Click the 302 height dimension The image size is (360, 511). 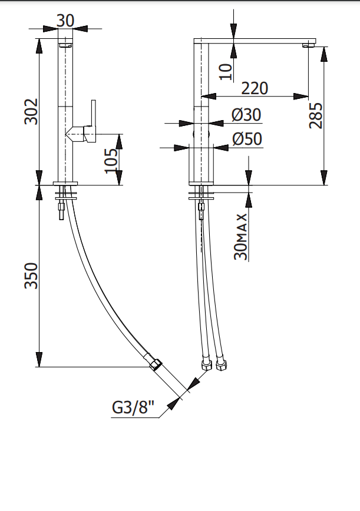click(31, 111)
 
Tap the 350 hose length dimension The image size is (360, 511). click(31, 276)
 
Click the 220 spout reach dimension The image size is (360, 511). click(255, 88)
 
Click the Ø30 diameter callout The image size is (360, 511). click(246, 115)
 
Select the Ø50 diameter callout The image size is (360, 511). click(247, 139)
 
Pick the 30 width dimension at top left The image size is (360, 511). click(65, 21)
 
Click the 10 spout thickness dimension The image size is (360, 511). click(225, 71)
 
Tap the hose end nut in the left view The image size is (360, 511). click(156, 363)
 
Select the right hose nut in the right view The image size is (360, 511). click(222, 366)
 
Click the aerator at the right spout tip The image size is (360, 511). click(309, 45)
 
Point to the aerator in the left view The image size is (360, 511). click(65, 44)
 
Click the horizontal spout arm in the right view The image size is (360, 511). click(259, 41)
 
